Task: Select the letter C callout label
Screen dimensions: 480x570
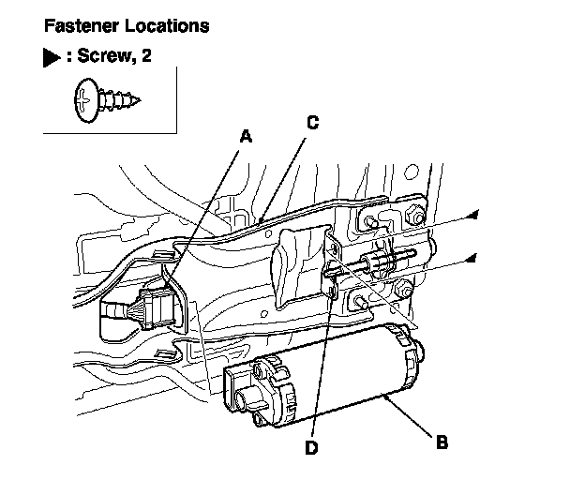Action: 312,122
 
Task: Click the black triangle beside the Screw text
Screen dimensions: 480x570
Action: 50,60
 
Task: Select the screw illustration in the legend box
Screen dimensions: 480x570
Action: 104,100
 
